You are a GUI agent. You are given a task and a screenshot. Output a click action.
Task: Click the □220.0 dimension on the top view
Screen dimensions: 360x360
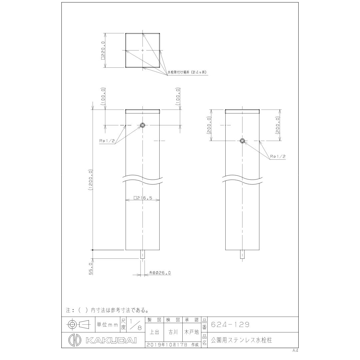point(103,50)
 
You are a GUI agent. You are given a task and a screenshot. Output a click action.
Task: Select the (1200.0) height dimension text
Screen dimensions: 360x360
point(90,180)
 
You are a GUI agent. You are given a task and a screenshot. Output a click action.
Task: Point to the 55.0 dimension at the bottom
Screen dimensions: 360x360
point(90,268)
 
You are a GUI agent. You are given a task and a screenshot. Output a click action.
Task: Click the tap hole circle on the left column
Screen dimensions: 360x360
point(143,125)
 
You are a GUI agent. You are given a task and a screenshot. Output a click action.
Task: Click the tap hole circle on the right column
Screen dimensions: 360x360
point(243,141)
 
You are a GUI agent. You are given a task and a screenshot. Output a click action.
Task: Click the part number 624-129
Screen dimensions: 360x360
point(230,324)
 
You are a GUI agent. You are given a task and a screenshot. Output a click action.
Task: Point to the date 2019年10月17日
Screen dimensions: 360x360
point(167,345)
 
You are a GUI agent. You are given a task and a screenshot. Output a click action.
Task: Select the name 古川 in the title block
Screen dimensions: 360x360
point(173,332)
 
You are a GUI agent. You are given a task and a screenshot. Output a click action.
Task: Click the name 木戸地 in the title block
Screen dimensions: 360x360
point(191,332)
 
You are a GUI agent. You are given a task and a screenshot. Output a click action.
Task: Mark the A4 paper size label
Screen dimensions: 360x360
point(295,351)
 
